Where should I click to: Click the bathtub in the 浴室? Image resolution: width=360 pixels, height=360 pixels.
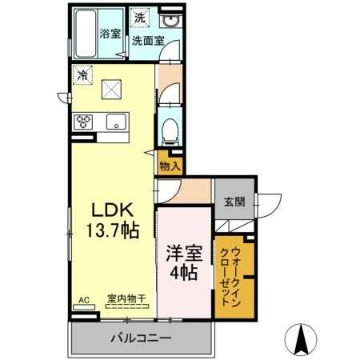(x=86, y=34)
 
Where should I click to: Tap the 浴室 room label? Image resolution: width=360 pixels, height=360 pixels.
(x=110, y=34)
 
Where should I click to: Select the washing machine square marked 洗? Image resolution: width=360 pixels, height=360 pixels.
(x=139, y=18)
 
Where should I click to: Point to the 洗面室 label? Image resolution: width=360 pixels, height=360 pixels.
(x=148, y=41)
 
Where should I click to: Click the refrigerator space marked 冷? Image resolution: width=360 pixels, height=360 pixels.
(x=82, y=75)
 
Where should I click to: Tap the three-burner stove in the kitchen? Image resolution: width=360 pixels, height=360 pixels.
(x=83, y=122)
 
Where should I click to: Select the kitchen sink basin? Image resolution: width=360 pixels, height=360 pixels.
(x=116, y=122)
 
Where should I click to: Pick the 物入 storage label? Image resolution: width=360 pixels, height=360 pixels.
(x=170, y=166)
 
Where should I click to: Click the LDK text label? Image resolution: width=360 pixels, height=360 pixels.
(x=112, y=210)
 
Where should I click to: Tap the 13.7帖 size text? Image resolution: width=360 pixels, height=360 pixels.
(x=112, y=230)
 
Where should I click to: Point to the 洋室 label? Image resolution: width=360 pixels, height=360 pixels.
(x=184, y=254)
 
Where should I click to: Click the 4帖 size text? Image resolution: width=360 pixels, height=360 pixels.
(x=184, y=273)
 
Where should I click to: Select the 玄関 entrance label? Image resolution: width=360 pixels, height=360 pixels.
(x=234, y=202)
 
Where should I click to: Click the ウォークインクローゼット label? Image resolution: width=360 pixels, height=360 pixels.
(x=231, y=277)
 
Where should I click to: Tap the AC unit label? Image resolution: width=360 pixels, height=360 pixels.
(x=84, y=300)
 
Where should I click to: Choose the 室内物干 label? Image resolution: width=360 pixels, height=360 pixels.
(x=126, y=298)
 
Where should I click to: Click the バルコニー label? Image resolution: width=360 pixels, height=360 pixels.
(x=141, y=338)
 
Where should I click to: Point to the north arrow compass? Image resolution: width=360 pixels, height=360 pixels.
(x=301, y=340)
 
